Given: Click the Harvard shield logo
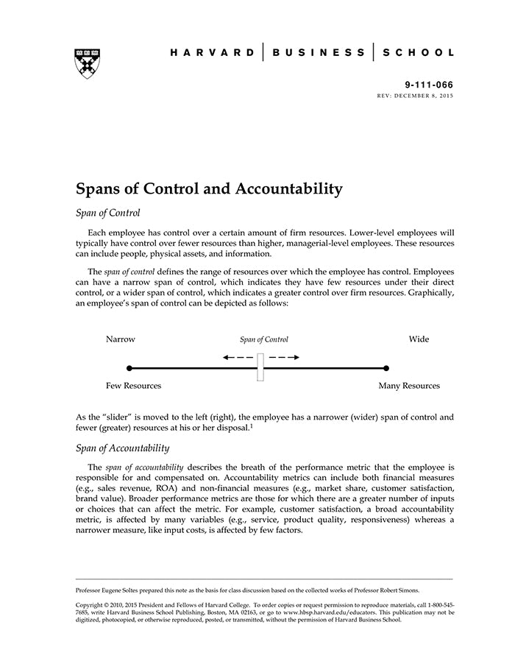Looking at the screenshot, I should pos(88,63).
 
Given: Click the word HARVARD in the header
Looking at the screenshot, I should pos(212,53).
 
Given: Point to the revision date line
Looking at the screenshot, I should pos(416,96).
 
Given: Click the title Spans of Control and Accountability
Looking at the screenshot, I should pos(210,188).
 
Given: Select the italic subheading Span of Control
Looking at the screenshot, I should pos(108,213).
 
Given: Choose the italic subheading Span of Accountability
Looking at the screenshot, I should pos(123,448).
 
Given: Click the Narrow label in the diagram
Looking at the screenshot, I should pos(121,339).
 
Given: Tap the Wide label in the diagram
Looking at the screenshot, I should pos(419,339).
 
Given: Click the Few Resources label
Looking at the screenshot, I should pos(133,386).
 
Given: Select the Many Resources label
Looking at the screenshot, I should pos(409,386).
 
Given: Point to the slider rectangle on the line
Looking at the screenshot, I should pos(260,367).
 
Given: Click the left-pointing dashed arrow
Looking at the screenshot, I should pos(237,357).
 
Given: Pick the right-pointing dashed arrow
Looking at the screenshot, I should pos(284,357).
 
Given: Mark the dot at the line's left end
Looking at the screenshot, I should pos(129,367).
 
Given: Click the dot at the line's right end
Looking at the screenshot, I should pos(386,367).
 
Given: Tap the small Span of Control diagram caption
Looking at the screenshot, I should pos(264,340).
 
